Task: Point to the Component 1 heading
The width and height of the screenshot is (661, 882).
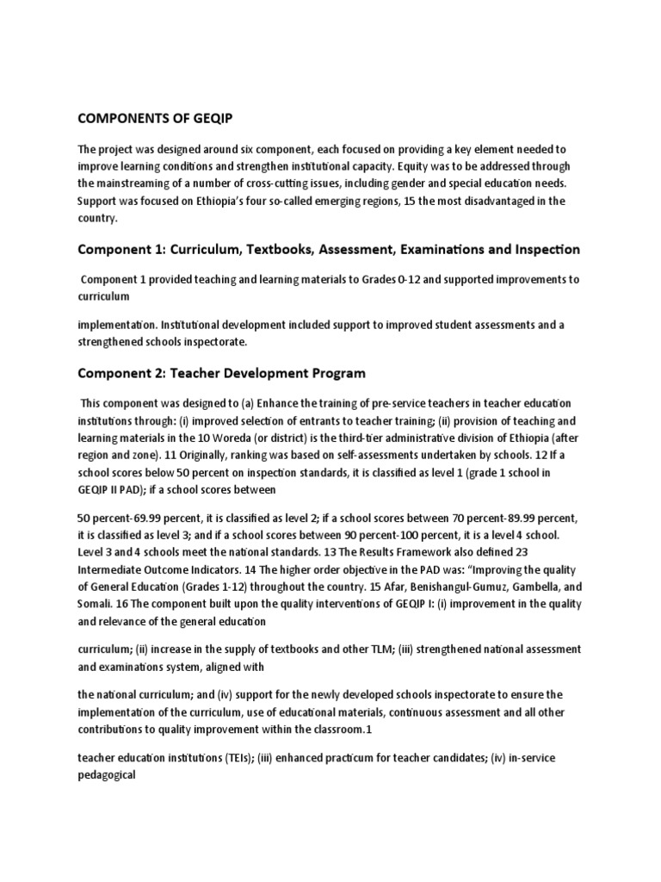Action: (329, 250)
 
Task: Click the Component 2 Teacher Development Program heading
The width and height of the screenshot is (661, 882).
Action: (222, 373)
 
